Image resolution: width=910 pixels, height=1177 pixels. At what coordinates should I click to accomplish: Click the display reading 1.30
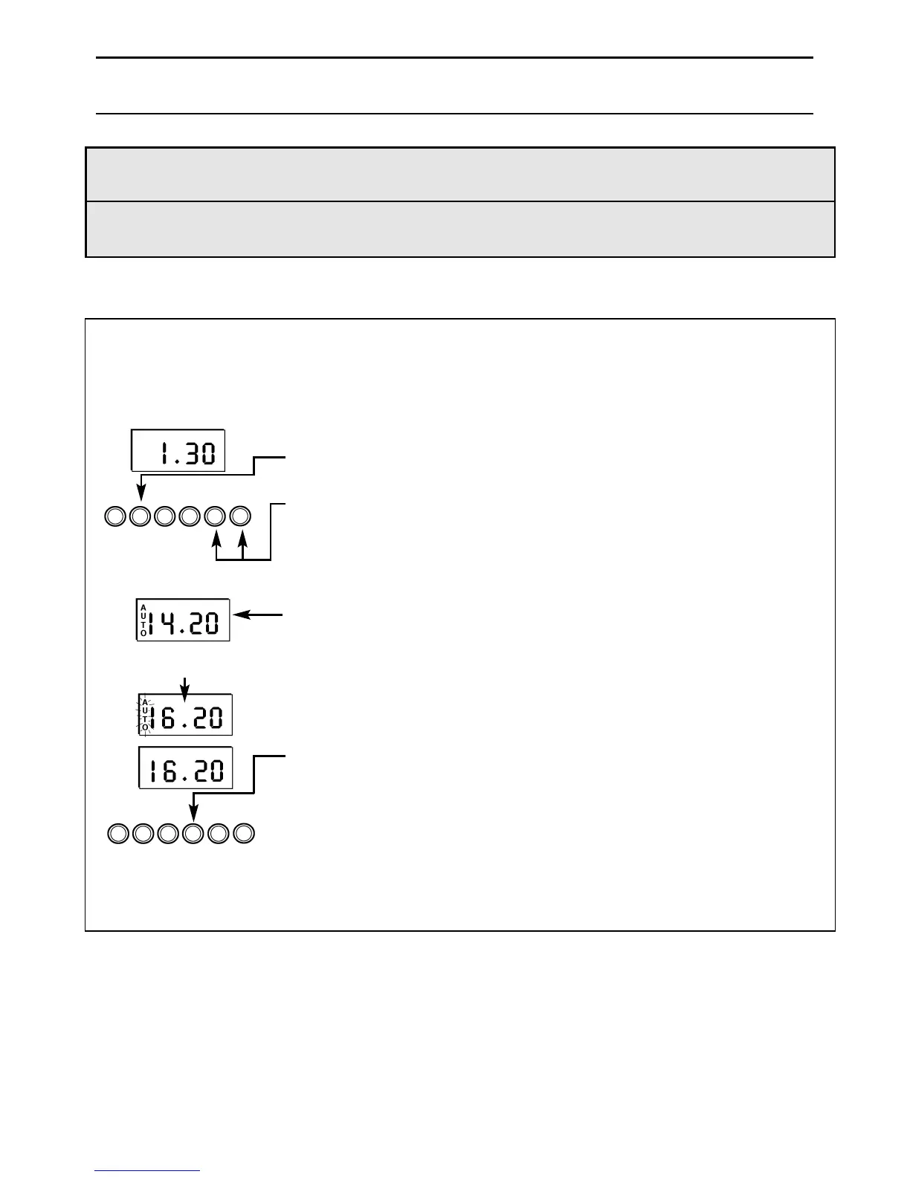pos(178,450)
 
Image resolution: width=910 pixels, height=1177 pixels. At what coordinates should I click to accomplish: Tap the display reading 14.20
pos(183,620)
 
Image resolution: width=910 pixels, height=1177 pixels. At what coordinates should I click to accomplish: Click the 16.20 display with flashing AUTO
pos(185,715)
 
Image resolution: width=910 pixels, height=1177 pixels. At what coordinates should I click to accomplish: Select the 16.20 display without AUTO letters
pos(186,768)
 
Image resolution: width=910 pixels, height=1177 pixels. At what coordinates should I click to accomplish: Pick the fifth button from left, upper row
pos(215,516)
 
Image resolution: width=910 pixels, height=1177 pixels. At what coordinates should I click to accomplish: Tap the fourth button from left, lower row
pos(193,834)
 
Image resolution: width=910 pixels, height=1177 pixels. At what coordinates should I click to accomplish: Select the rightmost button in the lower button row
pos(244,834)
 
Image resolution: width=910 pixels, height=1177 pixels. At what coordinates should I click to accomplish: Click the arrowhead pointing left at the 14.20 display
pos(239,615)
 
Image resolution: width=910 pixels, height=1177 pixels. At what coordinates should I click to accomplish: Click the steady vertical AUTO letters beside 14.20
pos(143,620)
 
